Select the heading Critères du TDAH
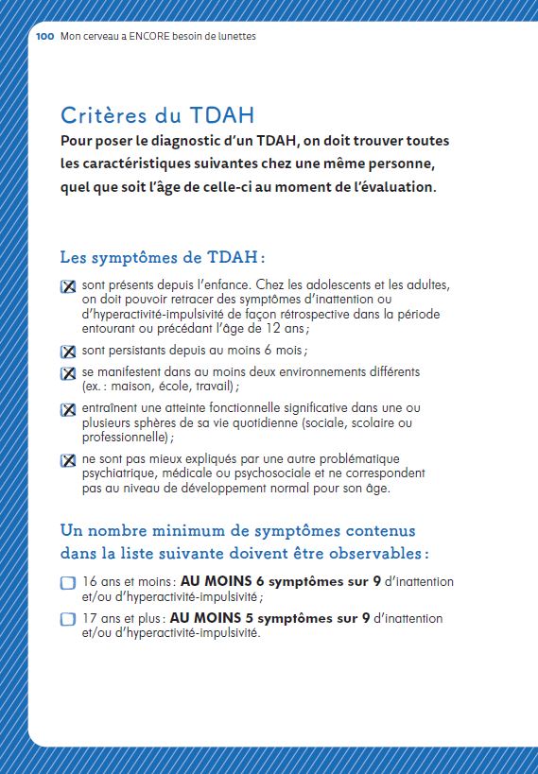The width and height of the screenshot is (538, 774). click(157, 115)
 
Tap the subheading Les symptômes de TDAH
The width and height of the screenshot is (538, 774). click(162, 257)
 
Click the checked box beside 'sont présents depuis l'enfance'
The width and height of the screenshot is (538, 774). click(68, 287)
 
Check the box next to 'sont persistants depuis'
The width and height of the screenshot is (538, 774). click(68, 352)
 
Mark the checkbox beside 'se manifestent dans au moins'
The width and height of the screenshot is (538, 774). click(68, 373)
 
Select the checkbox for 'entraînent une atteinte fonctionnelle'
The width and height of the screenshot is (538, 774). click(68, 410)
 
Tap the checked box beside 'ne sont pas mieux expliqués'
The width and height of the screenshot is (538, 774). click(68, 461)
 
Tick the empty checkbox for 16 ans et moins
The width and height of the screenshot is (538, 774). click(68, 583)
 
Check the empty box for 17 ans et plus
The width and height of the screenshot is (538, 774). click(68, 620)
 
